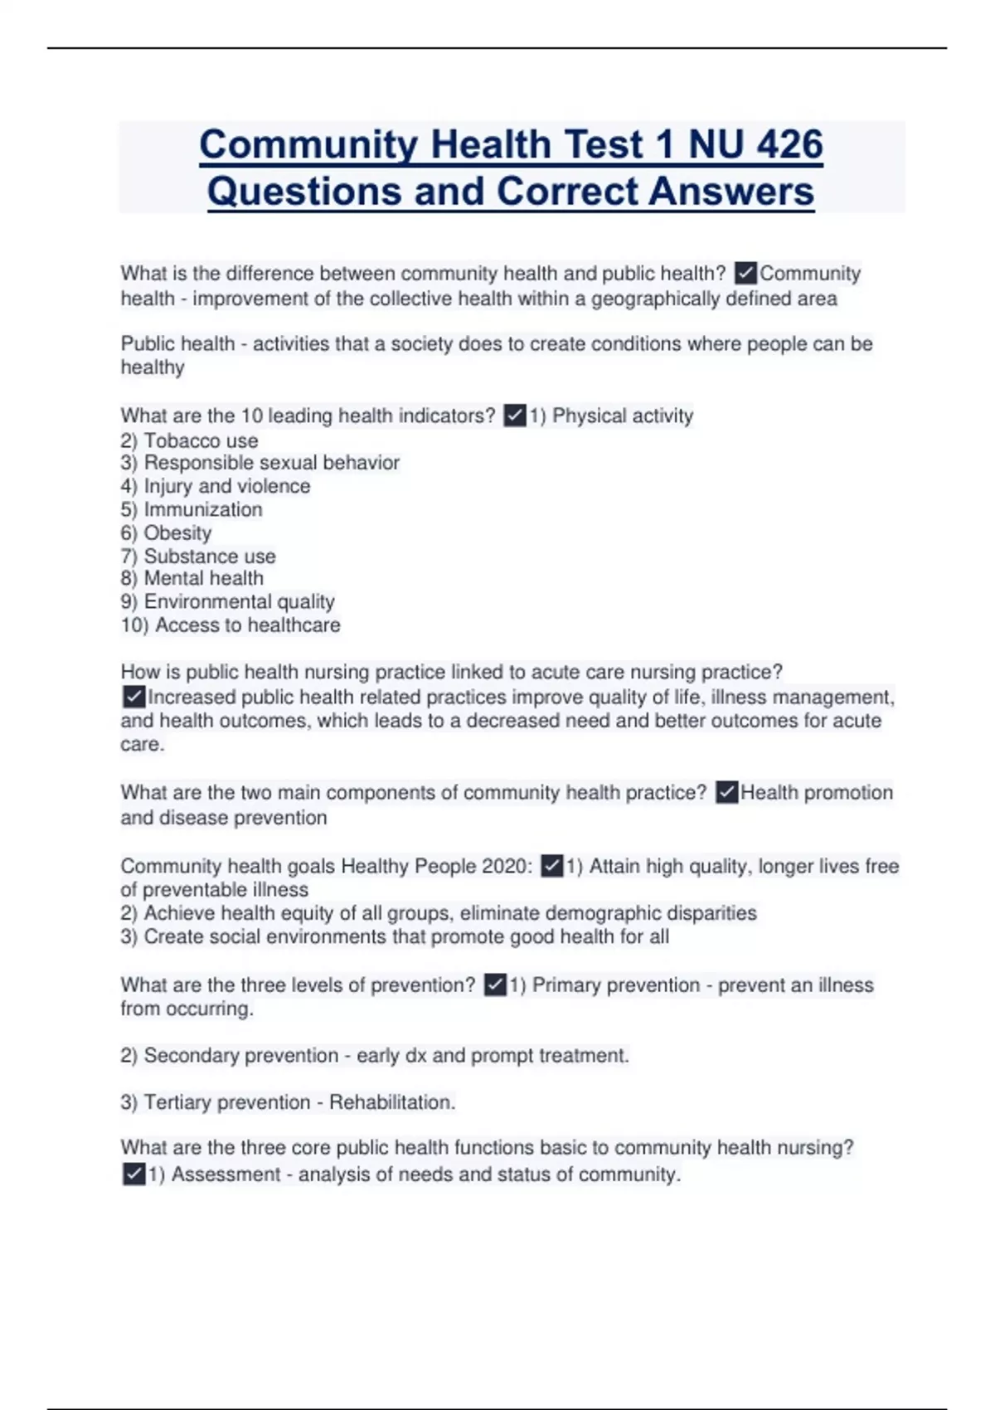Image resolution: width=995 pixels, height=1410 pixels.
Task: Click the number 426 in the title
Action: pyautogui.click(x=789, y=144)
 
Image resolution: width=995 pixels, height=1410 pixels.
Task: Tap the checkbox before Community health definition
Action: pyautogui.click(x=745, y=273)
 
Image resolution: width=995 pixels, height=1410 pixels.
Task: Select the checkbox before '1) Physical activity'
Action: pyautogui.click(x=515, y=415)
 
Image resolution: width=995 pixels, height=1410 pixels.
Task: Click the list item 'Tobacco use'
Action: pyautogui.click(x=201, y=440)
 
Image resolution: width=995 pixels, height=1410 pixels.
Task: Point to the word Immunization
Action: pyautogui.click(x=203, y=509)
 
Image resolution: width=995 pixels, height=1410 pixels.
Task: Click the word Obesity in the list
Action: pyautogui.click(x=177, y=532)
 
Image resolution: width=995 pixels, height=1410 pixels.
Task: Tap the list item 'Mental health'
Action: pyautogui.click(x=203, y=578)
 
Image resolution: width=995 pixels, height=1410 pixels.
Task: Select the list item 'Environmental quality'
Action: pyautogui.click(x=239, y=601)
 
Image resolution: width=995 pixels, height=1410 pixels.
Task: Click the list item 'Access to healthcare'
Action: pyautogui.click(x=247, y=625)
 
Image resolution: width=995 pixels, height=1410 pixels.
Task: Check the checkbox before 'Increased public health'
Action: pyautogui.click(x=133, y=697)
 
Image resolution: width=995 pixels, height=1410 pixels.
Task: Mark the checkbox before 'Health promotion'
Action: pyautogui.click(x=726, y=792)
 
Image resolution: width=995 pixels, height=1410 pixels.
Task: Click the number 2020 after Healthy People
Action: pyautogui.click(x=503, y=866)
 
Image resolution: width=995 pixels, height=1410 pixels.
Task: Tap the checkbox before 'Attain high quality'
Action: pyautogui.click(x=551, y=866)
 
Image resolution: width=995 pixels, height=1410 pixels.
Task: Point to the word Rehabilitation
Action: pyautogui.click(x=391, y=1102)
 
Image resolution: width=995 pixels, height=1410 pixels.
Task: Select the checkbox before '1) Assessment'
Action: pyautogui.click(x=133, y=1174)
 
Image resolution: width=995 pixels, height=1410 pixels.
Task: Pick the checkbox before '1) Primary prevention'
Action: pyautogui.click(x=494, y=985)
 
